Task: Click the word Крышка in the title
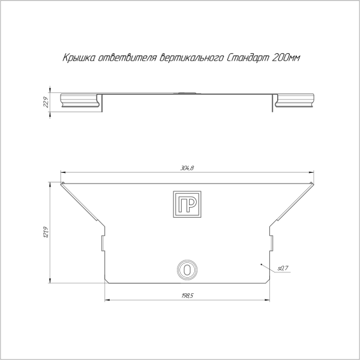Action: coord(79,58)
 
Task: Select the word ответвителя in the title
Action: coord(127,58)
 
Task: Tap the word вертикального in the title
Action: coord(191,58)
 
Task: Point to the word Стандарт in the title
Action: coord(248,58)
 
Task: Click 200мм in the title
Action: coord(286,58)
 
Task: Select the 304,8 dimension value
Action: coord(187,168)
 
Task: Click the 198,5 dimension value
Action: coord(187,296)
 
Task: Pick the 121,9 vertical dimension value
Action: coord(46,232)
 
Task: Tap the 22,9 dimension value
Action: coord(46,102)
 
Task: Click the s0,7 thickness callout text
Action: coord(283,268)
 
